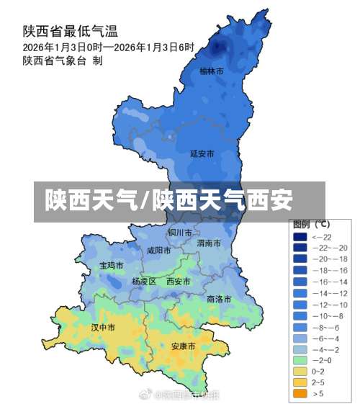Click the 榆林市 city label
point(211,71)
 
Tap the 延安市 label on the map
point(202,153)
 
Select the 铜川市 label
point(180,233)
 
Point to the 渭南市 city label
point(210,243)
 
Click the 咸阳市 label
point(158,251)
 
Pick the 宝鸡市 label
point(111,265)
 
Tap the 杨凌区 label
point(144,282)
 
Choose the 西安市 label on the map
point(179,282)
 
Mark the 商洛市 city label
point(219,298)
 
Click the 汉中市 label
point(103,327)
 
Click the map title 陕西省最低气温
point(71,31)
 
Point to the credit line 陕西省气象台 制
point(62,60)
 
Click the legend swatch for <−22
point(300,236)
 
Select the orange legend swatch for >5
point(300,393)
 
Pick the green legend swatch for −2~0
point(300,359)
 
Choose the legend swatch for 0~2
point(300,371)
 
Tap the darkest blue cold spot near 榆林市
point(219,47)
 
